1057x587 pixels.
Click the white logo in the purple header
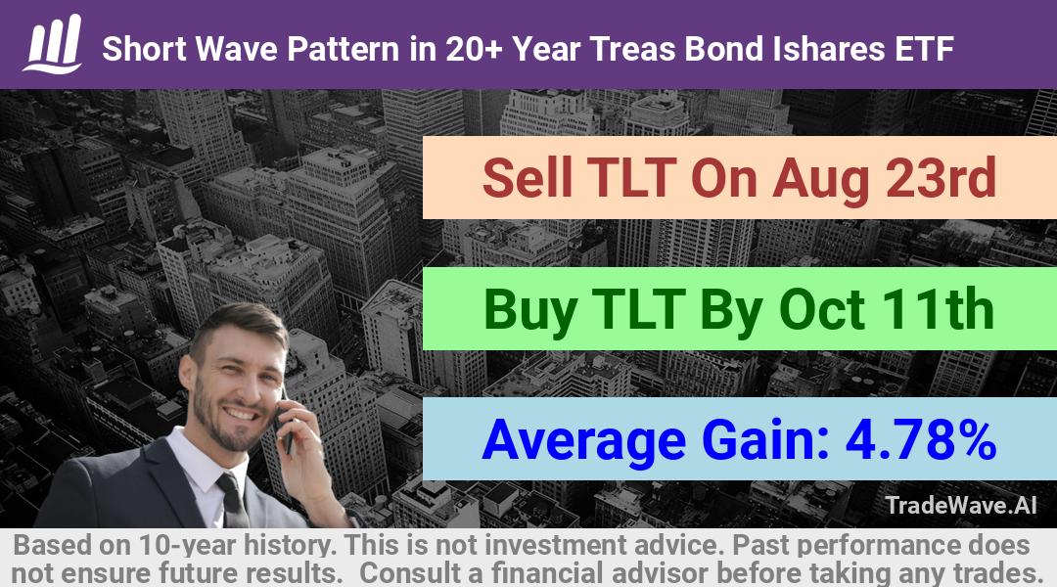(53, 44)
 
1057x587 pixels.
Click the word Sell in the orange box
(528, 178)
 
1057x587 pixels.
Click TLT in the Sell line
(631, 178)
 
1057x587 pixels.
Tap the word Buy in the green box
(529, 311)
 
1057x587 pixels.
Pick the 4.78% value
(921, 439)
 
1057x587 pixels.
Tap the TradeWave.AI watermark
(961, 505)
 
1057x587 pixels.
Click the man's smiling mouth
(241, 413)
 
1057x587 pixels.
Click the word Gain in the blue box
(765, 439)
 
